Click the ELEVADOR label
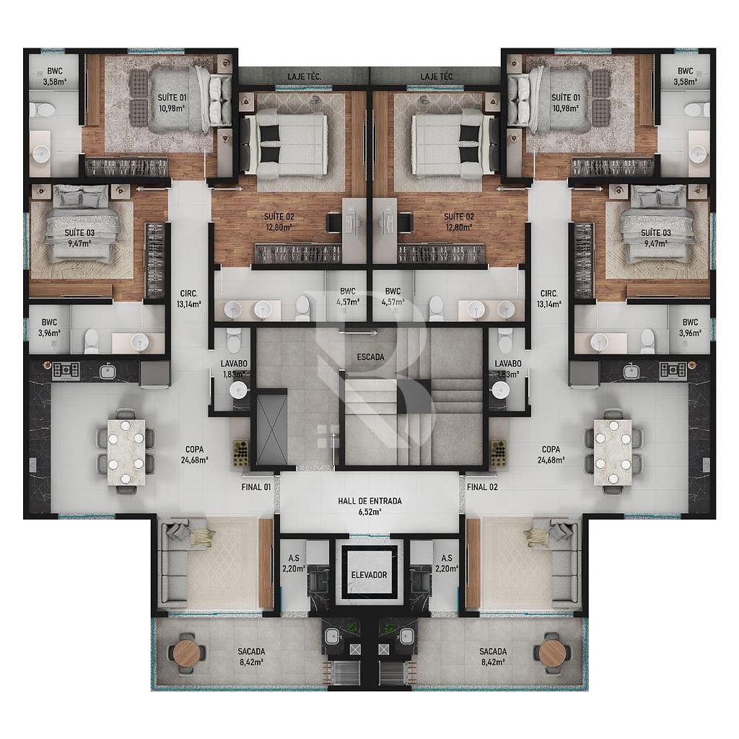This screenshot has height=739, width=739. coord(369,575)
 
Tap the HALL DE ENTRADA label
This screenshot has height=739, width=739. coord(370,501)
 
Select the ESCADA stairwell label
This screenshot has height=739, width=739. coord(370,357)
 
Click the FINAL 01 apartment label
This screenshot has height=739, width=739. coord(256,487)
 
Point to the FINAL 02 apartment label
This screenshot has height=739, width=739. coord(482,487)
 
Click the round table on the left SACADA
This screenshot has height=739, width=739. coord(187,652)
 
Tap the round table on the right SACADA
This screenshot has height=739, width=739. coord(552,652)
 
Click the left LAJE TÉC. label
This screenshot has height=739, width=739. coord(305,76)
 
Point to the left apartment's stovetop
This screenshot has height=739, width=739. coord(66,370)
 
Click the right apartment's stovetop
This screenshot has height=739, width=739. coord(673,370)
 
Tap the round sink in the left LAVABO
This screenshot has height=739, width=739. coord(239,390)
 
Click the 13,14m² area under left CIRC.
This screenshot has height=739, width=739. coord(189,305)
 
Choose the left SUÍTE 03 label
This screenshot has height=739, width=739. coord(79,233)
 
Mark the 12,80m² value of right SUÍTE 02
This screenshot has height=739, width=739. coord(459,227)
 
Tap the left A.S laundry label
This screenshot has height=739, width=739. coord(294,559)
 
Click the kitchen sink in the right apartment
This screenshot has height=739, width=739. coord(631,372)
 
